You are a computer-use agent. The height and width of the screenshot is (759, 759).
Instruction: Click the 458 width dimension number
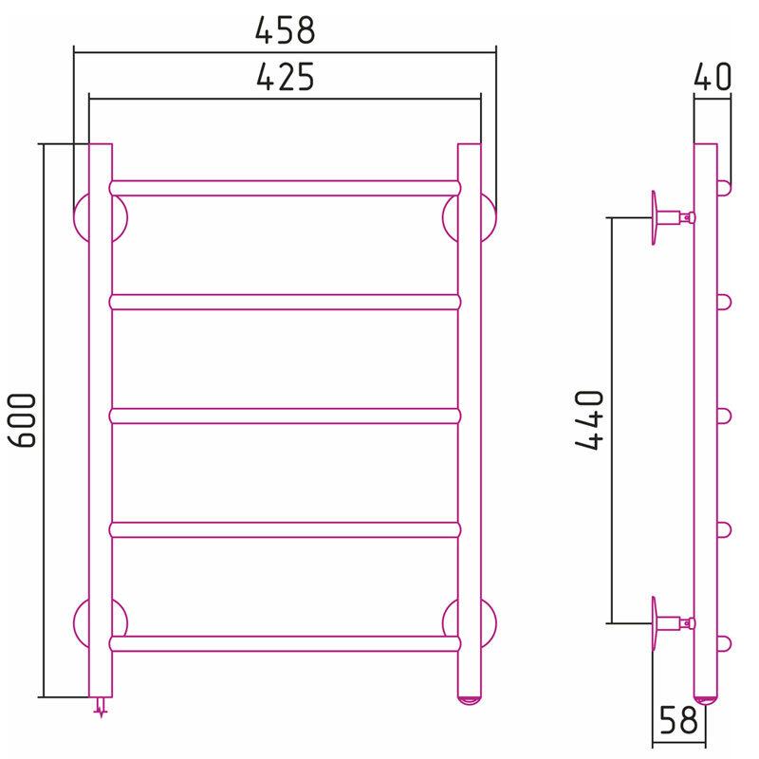click(286, 30)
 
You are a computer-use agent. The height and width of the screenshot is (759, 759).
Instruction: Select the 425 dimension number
click(286, 77)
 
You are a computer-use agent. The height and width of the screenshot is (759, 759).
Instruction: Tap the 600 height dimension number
click(22, 420)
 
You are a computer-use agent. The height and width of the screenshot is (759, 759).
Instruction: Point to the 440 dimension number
click(589, 420)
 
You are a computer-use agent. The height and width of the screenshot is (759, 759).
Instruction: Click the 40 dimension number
click(713, 77)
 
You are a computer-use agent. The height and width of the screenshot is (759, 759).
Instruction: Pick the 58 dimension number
click(678, 720)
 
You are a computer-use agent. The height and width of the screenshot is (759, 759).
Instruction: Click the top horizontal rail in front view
click(286, 188)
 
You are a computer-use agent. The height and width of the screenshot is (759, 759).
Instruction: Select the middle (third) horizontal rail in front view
click(286, 417)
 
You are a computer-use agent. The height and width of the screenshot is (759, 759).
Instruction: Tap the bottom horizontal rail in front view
click(286, 644)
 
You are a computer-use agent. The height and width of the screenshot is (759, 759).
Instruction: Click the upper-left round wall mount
click(82, 217)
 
